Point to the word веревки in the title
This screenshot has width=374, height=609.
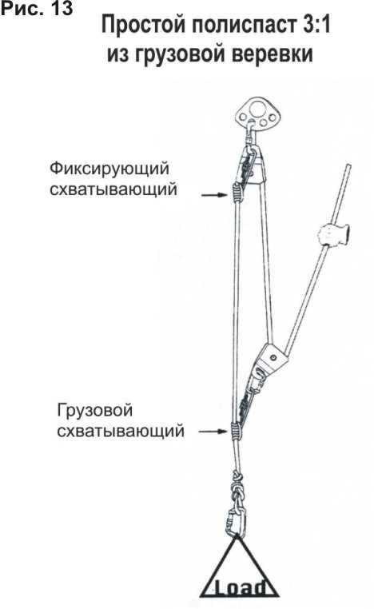pos(273,54)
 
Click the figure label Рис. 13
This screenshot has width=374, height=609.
pos(37,9)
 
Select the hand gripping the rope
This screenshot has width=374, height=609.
pos(332,234)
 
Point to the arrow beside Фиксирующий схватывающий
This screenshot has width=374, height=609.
pos(214,195)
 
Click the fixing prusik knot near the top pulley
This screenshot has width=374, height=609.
pos(237,193)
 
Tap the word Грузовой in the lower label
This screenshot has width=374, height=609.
pos(95,410)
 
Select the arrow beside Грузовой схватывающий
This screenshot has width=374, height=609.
pos(213,431)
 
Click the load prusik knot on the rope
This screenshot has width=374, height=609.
pos(236,431)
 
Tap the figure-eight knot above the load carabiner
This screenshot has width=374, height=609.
pos(237,488)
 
